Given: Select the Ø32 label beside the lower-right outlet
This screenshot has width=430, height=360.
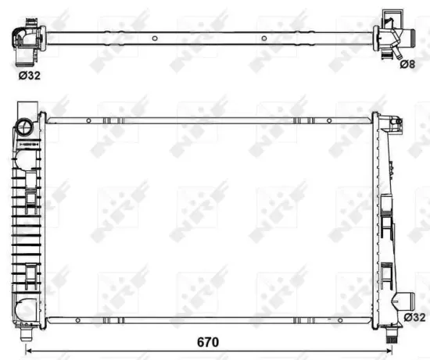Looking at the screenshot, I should click(416, 317).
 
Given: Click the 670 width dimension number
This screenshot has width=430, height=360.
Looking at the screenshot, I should click(207, 342).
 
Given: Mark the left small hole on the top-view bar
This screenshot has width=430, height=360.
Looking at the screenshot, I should click(155, 37).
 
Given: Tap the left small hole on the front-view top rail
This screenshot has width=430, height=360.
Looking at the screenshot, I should click(89, 120).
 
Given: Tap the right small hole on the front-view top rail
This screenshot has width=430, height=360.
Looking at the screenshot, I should click(298, 120).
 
